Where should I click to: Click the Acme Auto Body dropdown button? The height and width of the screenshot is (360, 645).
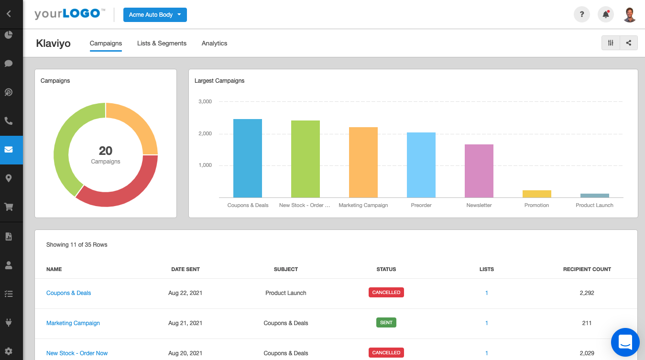pos(155,15)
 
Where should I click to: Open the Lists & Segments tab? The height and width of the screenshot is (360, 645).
pos(162,43)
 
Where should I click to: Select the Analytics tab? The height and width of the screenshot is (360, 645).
pos(214,43)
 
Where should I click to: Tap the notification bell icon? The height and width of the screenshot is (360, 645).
pos(605,14)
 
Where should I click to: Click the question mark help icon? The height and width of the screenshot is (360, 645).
pos(581,14)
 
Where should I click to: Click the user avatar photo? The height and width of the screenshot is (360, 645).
pos(630,14)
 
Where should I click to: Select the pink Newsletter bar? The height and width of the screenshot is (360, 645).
pos(479,171)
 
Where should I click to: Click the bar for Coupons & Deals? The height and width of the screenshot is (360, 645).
pos(248,158)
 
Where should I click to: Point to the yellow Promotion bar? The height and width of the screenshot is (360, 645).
pos(536,194)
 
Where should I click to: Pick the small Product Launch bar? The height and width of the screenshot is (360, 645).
pos(594,196)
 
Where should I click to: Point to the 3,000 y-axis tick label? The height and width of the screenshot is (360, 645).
pos(205,101)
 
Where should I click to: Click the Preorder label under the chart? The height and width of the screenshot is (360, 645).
pos(421,205)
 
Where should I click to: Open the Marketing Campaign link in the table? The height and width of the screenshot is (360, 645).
pos(73,323)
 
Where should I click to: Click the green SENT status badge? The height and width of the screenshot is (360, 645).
pos(386,323)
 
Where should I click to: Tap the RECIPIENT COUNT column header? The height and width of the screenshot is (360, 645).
pos(587,269)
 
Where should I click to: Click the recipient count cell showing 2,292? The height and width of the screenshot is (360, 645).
pos(587,293)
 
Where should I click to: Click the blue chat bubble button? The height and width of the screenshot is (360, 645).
pos(625,342)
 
